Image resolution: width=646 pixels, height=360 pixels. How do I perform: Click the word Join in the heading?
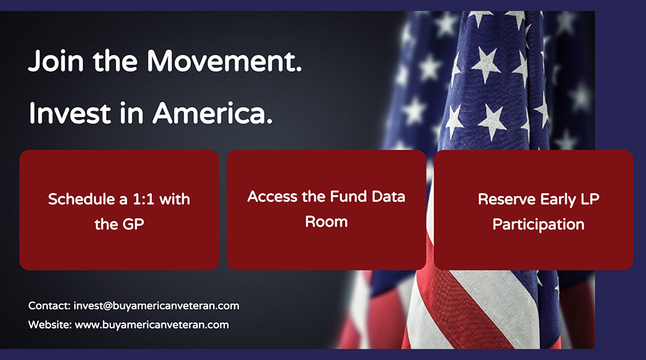pos(56,61)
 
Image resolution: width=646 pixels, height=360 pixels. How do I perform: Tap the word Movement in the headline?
pos(224,61)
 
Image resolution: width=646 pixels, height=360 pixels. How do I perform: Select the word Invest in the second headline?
pos(70,113)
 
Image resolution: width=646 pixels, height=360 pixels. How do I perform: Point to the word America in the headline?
pos(213,113)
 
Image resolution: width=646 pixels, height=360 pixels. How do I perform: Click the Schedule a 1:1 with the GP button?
pos(119,210)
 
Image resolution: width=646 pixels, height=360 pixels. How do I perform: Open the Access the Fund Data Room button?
pos(326,210)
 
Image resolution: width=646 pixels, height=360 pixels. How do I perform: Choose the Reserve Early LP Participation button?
pos(534,210)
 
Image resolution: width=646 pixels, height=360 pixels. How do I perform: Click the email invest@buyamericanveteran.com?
pos(156,306)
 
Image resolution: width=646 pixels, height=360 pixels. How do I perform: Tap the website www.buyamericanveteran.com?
pos(152,325)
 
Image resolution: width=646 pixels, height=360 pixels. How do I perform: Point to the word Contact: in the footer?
pos(50,306)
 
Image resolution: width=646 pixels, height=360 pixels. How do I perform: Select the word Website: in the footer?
pos(50,325)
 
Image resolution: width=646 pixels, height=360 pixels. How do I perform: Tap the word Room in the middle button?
pos(326,222)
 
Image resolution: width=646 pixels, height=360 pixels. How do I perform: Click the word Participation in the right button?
pos(539,225)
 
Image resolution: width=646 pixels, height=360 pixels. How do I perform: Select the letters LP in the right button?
pos(590,199)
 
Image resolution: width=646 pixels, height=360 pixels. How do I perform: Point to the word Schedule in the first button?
pos(81,199)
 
